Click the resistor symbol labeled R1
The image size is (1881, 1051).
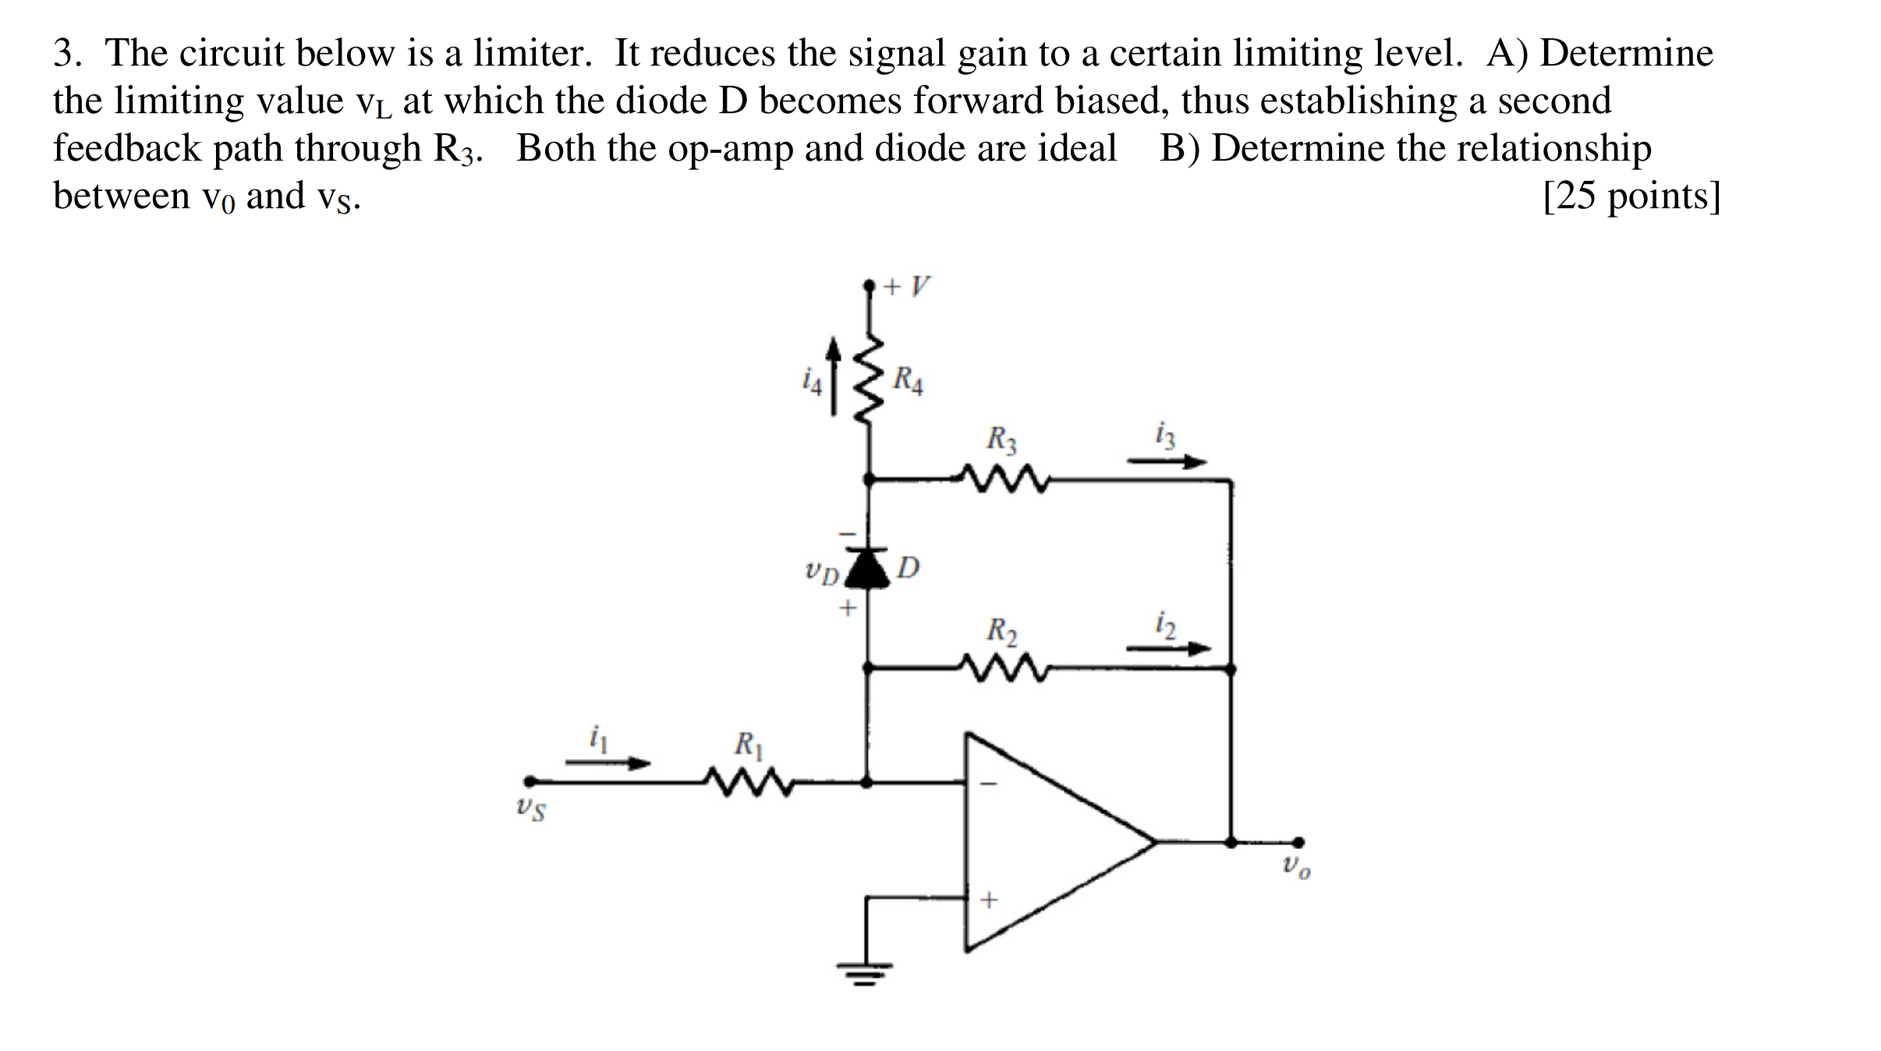749,781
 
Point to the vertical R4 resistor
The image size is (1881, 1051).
870,380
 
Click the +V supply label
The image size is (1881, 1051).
907,286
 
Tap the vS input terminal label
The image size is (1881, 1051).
531,809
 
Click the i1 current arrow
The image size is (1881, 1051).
608,763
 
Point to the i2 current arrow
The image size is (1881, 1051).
1168,648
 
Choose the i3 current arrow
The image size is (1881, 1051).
1167,462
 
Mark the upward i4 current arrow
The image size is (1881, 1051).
834,376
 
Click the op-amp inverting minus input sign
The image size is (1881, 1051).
988,784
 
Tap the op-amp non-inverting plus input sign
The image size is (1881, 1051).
989,900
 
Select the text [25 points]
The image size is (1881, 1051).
1631,196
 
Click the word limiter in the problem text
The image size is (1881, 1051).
533,53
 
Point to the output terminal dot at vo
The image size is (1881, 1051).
1298,842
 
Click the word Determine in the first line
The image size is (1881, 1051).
1626,53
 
